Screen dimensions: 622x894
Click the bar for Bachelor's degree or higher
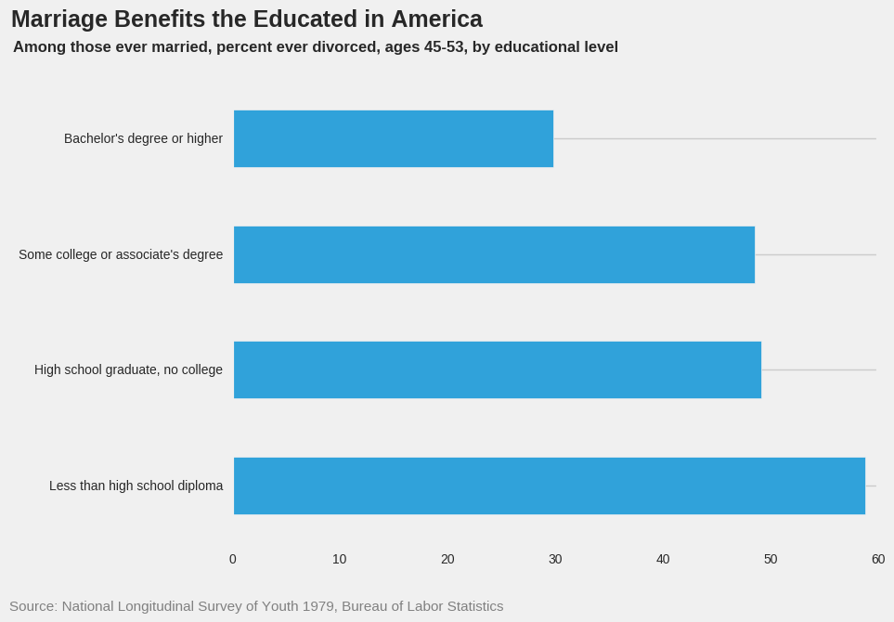(x=394, y=139)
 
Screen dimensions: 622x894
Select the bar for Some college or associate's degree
(x=494, y=254)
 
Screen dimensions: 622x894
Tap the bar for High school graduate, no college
(x=498, y=369)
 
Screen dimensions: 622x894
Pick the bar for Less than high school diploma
(x=550, y=486)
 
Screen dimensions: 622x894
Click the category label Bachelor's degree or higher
(x=143, y=139)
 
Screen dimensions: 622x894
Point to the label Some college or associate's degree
(x=121, y=254)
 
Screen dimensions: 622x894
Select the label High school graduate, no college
(x=128, y=369)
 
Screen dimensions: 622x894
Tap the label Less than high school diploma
(x=136, y=486)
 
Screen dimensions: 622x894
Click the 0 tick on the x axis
(x=233, y=559)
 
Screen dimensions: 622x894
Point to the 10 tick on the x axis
(x=340, y=559)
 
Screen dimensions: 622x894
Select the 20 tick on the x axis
(x=447, y=559)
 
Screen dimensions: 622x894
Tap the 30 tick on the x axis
(x=555, y=559)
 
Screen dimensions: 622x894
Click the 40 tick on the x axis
(x=663, y=559)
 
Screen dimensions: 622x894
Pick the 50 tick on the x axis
(x=771, y=559)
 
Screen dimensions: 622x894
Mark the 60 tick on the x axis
(x=878, y=559)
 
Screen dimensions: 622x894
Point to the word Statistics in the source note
(x=470, y=606)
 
